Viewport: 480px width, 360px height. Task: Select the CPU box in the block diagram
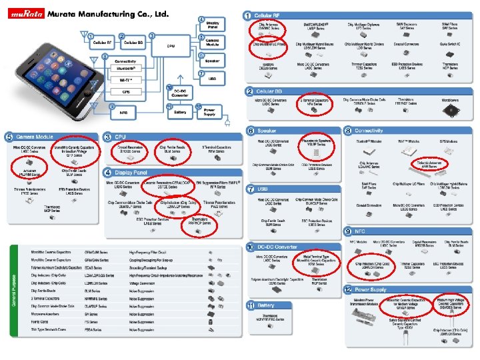tap(171, 45)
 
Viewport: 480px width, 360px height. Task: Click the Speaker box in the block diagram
tap(213, 59)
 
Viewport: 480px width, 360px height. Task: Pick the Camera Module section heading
tap(29, 137)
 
